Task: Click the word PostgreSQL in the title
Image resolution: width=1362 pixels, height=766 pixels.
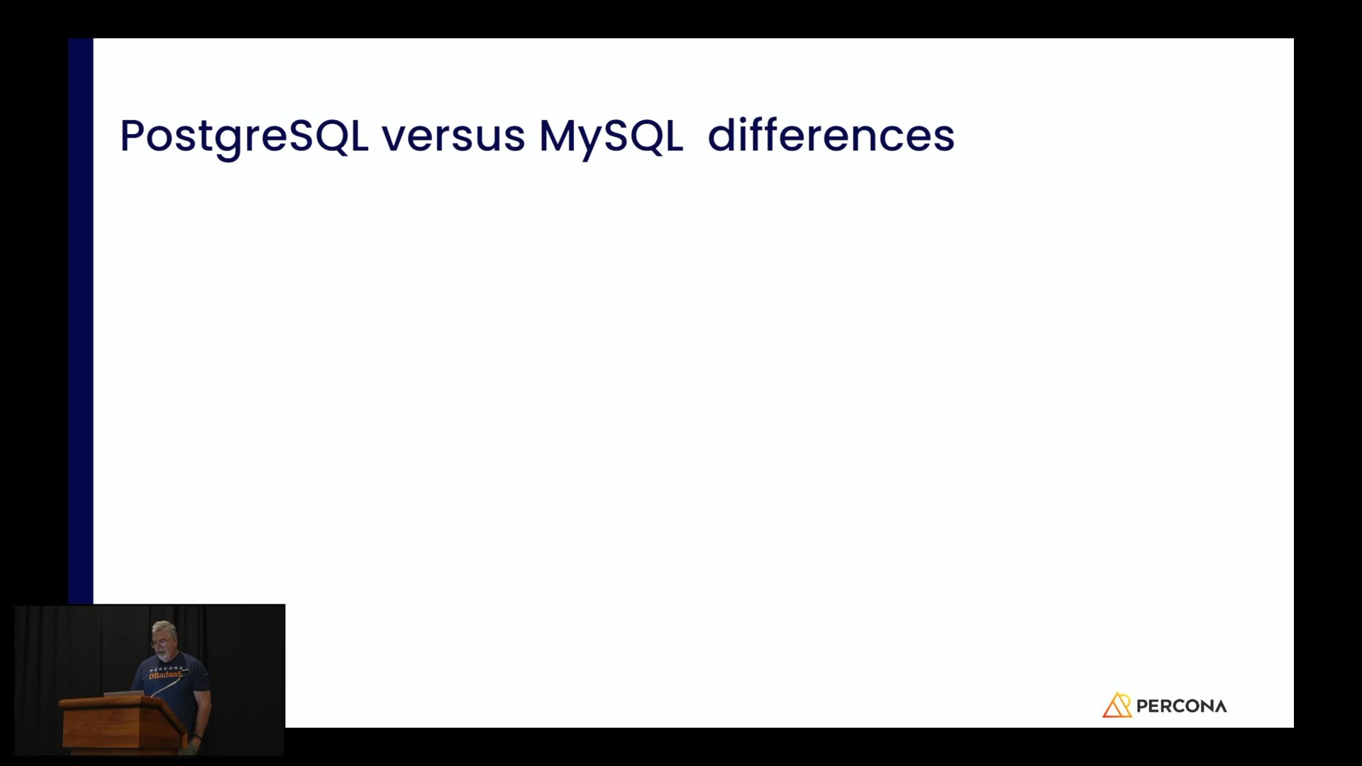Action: [244, 137]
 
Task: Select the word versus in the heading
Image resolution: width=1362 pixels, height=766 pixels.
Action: [453, 137]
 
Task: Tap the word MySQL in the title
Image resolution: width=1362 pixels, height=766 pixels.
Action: [611, 137]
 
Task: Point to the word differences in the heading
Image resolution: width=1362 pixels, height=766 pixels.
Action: [831, 135]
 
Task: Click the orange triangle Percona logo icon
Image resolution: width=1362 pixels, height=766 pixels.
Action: [1117, 705]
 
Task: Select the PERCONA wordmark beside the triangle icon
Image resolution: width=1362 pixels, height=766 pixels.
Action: [1181, 706]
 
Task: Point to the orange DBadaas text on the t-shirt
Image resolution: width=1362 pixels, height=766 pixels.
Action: [165, 675]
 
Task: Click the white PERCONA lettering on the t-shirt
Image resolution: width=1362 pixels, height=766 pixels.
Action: [167, 668]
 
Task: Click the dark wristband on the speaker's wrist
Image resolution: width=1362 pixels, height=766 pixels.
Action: [196, 738]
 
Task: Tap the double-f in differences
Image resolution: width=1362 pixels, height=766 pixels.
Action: [760, 135]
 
